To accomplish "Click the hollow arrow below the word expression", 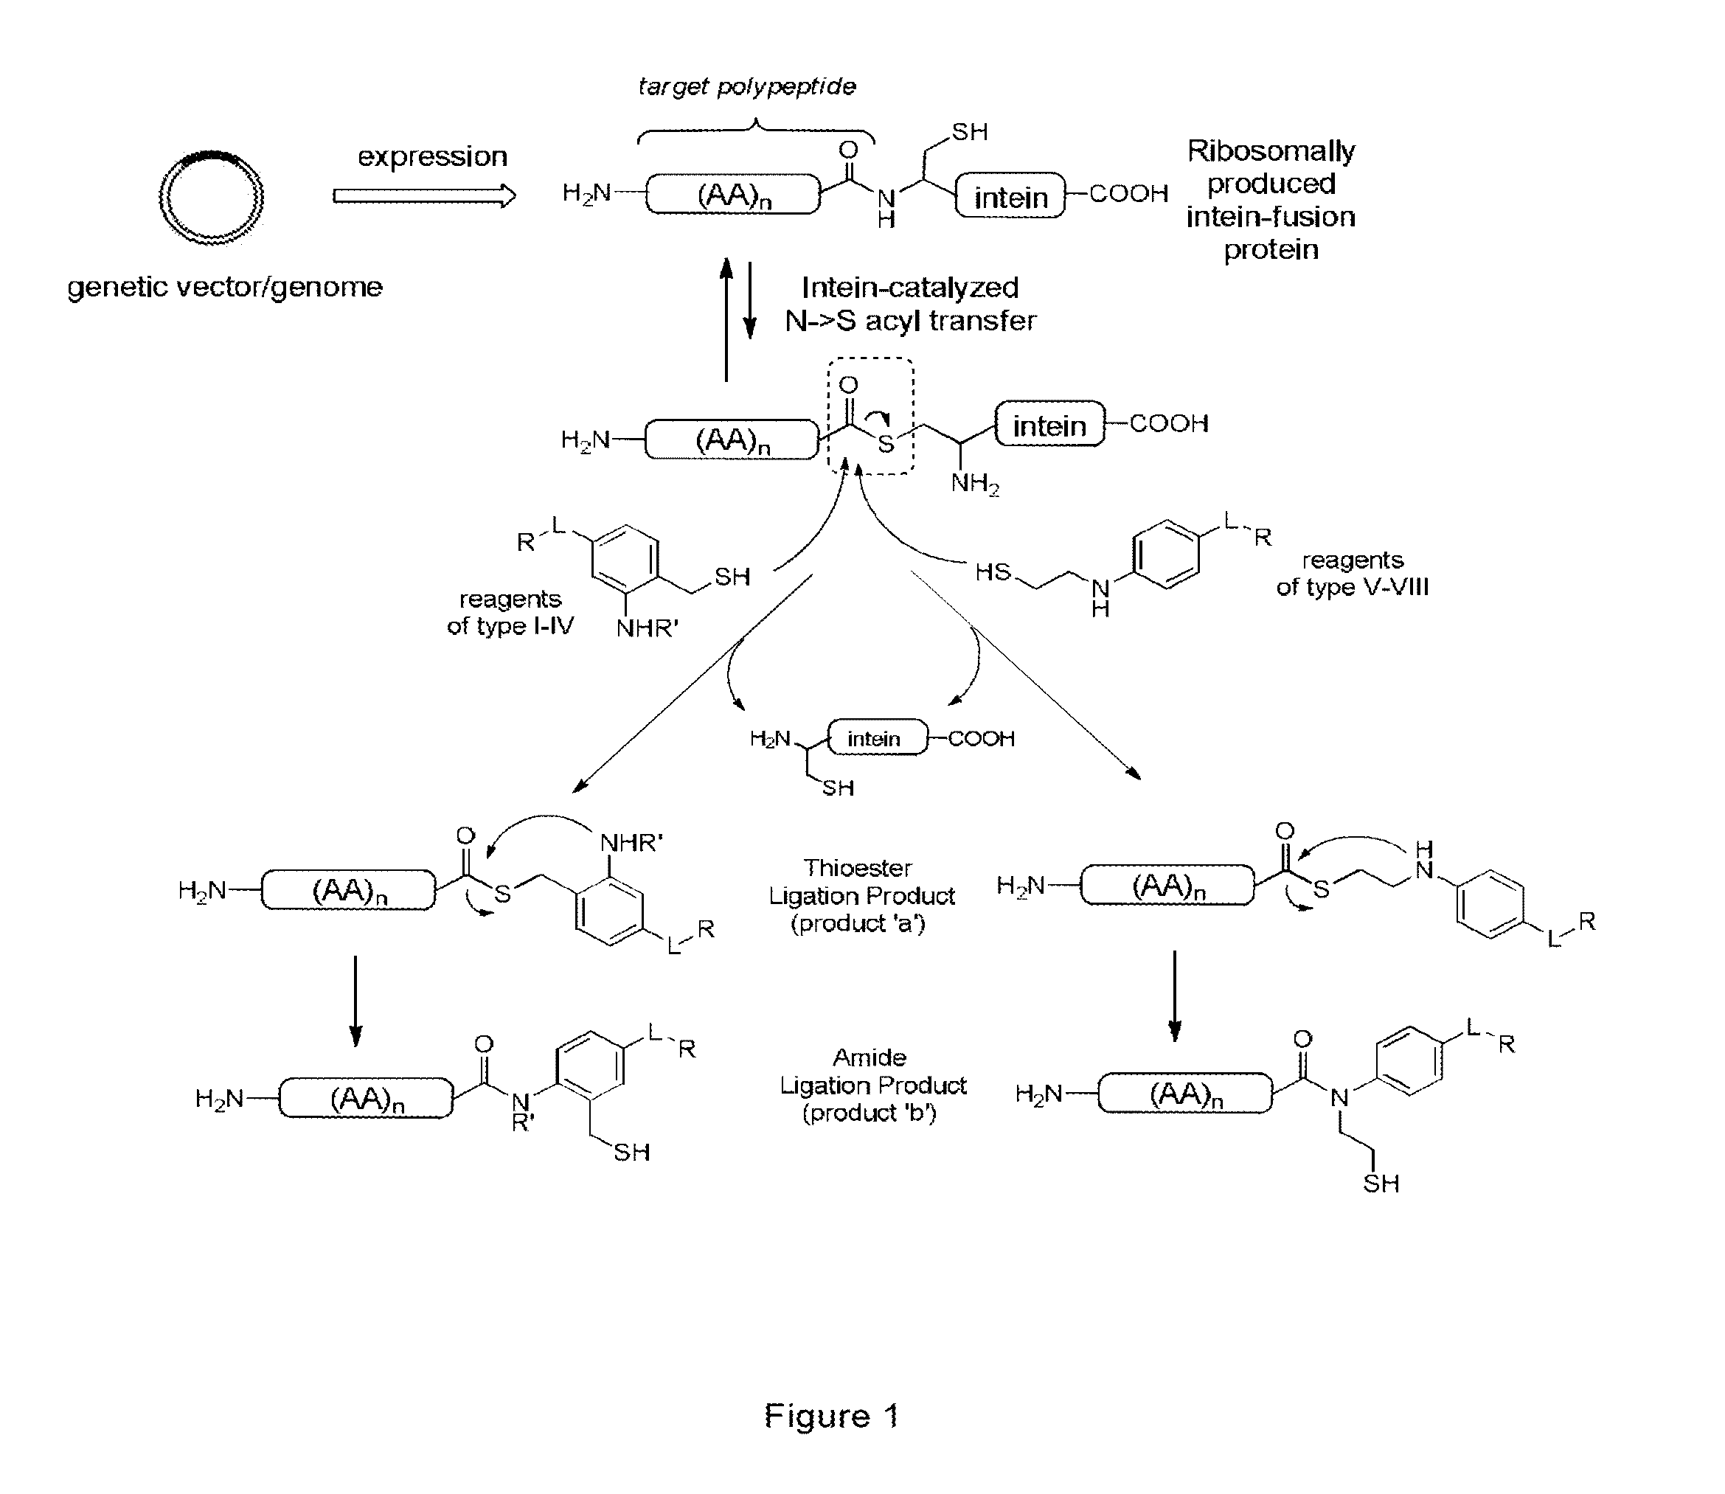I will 424,197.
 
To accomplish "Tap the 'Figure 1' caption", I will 831,1416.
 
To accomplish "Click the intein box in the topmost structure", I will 1010,196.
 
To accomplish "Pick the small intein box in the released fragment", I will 876,738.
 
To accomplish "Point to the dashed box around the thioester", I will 870,416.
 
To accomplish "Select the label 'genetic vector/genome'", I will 225,287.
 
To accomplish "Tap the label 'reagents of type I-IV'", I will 510,612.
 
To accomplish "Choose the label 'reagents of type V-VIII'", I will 1353,574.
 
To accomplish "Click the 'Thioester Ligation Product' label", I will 861,895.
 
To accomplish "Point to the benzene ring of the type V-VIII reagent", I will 1165,555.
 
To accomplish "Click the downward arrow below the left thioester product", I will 356,1000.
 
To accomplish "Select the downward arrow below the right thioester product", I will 1175,996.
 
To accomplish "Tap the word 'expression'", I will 432,157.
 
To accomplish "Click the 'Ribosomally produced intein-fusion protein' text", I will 1271,200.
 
